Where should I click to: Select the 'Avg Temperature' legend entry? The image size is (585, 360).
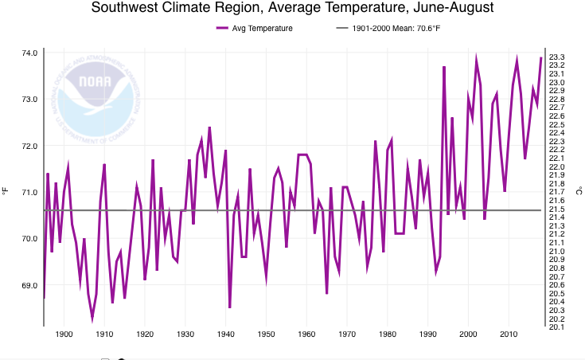point(254,29)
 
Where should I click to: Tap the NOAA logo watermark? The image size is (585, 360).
point(96,95)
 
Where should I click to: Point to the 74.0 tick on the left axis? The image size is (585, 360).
point(29,53)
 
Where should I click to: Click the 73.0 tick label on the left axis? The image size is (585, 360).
point(29,100)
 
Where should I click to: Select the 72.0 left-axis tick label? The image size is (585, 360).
point(29,147)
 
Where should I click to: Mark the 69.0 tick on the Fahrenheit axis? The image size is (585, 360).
point(29,285)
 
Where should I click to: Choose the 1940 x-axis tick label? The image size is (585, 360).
point(226,335)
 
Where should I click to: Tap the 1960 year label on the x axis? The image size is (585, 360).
point(306,335)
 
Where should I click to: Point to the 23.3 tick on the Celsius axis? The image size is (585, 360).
point(557,57)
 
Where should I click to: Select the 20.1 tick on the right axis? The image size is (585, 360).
point(557,327)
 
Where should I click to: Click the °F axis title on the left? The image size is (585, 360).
point(6,190)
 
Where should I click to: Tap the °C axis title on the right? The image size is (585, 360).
point(579,190)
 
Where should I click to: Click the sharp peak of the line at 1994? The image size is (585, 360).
point(444,68)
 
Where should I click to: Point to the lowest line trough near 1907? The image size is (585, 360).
point(92,319)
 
